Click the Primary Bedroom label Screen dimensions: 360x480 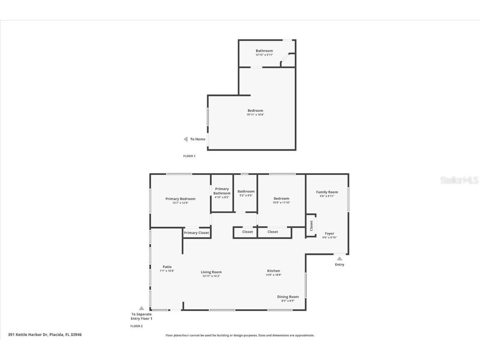180,199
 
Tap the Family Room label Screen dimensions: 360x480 327,192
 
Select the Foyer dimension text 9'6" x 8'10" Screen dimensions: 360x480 329,237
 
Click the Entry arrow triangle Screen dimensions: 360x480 340,259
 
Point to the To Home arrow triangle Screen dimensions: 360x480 185,139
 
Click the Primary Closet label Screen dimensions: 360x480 196,233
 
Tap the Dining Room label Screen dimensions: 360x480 288,297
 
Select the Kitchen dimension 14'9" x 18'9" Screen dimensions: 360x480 273,275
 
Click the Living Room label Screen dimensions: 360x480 211,272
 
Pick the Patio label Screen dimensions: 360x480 167,267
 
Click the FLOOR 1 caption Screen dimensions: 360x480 189,156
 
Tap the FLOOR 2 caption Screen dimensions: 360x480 136,326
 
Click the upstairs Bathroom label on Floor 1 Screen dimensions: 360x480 264,51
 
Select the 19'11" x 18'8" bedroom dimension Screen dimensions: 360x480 255,115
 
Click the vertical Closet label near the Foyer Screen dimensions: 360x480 311,225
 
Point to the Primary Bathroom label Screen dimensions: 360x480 222,191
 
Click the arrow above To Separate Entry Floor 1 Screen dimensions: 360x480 141,308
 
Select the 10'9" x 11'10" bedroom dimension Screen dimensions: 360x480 281,203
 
